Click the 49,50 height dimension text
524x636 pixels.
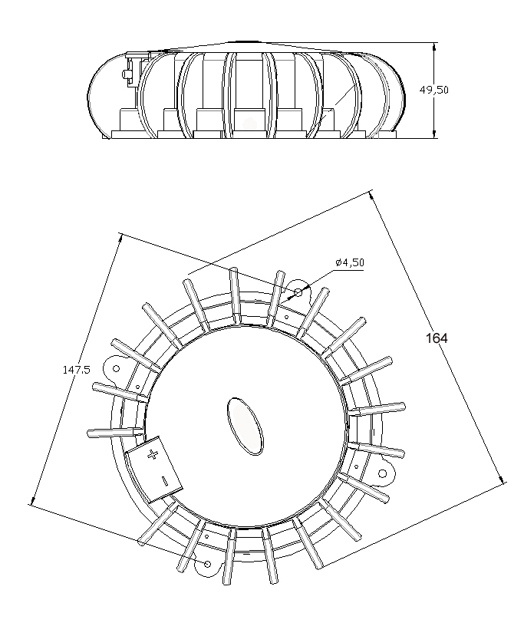(433, 90)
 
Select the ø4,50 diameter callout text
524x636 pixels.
(349, 262)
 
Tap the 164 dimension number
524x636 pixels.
(437, 338)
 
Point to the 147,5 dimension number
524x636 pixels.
(77, 370)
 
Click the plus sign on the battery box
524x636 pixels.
(152, 454)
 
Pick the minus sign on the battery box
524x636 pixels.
(164, 481)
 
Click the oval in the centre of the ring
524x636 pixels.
(245, 424)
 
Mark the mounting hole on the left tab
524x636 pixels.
(117, 368)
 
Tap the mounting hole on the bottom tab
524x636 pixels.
(207, 564)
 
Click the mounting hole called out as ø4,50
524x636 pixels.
(298, 293)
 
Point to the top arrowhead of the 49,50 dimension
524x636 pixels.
(435, 45)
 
